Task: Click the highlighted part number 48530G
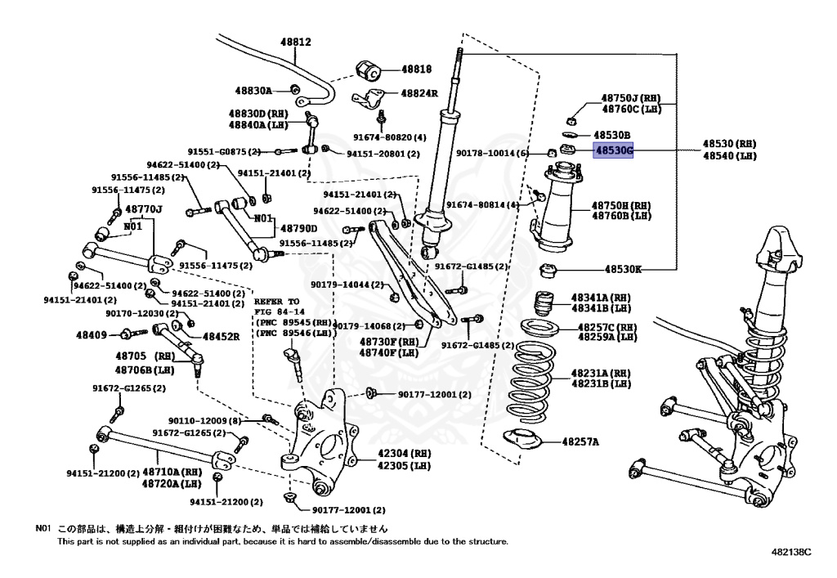[613, 150]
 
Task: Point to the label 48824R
[419, 93]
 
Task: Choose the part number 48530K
[624, 268]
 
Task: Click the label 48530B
[612, 134]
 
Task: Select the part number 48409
[92, 334]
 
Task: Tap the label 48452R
[221, 336]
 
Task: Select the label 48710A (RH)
[172, 473]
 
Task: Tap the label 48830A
[254, 91]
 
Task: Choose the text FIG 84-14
[279, 311]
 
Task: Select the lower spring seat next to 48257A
[523, 440]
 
